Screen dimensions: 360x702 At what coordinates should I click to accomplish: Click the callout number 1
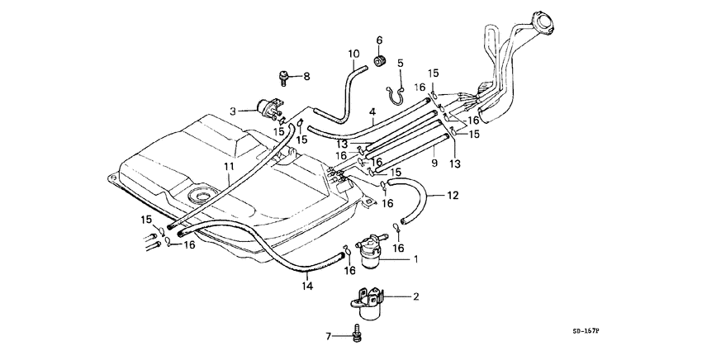pos(416,259)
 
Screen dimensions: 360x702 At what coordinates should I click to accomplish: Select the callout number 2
pos(416,296)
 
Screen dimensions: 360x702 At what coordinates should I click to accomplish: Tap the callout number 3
pos(234,111)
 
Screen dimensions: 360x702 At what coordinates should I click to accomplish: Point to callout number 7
pos(329,337)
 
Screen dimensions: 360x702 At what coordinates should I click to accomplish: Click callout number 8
pos(305,77)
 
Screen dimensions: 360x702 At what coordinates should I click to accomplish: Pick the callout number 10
pos(353,55)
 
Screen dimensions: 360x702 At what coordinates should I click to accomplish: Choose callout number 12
pos(452,196)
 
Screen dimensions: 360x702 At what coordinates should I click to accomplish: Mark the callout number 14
pos(307,286)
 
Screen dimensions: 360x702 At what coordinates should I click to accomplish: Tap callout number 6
pos(381,40)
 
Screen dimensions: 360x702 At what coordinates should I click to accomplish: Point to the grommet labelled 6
pos(382,60)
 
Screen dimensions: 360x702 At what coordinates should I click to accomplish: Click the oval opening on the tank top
pos(202,197)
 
